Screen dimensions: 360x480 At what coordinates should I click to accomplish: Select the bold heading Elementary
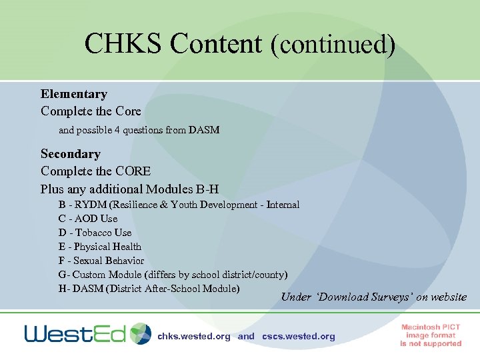(x=73, y=94)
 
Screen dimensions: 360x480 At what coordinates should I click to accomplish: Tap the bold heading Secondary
(x=70, y=154)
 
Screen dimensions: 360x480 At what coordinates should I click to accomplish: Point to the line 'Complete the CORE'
(x=95, y=171)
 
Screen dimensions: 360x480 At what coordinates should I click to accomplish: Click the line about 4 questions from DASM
(x=139, y=130)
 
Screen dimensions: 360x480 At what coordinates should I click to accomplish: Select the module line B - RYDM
(x=179, y=205)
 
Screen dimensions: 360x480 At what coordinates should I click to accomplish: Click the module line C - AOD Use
(x=87, y=219)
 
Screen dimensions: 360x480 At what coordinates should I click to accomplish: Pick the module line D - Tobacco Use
(x=95, y=233)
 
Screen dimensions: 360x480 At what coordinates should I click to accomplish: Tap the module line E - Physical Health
(x=100, y=247)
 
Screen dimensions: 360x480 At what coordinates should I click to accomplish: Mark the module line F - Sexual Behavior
(x=101, y=261)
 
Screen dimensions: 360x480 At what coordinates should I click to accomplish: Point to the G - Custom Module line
(x=173, y=275)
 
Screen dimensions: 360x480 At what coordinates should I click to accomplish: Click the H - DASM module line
(x=149, y=289)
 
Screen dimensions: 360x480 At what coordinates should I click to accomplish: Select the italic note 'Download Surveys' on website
(x=373, y=297)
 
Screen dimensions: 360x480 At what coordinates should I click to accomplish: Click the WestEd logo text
(x=75, y=333)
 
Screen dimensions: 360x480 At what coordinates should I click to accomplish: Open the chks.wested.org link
(x=193, y=337)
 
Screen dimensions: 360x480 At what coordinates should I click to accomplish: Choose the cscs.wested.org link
(x=299, y=337)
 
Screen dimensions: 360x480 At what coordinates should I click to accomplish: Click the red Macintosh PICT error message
(x=431, y=335)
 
